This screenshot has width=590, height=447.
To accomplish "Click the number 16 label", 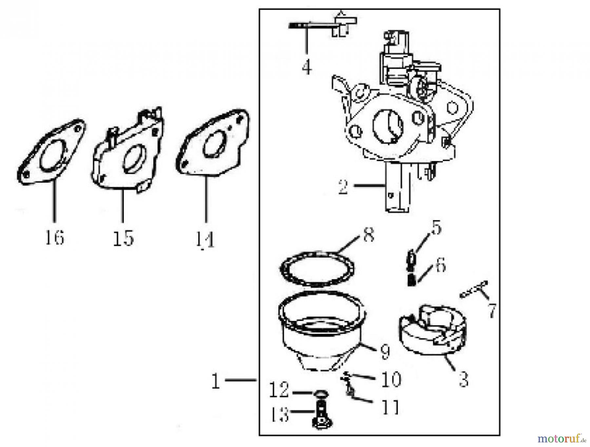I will pyautogui.click(x=54, y=237).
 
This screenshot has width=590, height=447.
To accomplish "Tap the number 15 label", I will pyautogui.click(x=124, y=238).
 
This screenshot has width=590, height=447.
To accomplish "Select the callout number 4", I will pyautogui.click(x=307, y=68).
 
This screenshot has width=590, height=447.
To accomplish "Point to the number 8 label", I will pyautogui.click(x=369, y=234).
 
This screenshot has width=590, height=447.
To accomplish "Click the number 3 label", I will pyautogui.click(x=463, y=380).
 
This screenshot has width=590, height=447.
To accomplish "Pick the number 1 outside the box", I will pyautogui.click(x=215, y=381).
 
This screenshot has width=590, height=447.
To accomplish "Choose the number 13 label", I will pyautogui.click(x=279, y=415).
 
